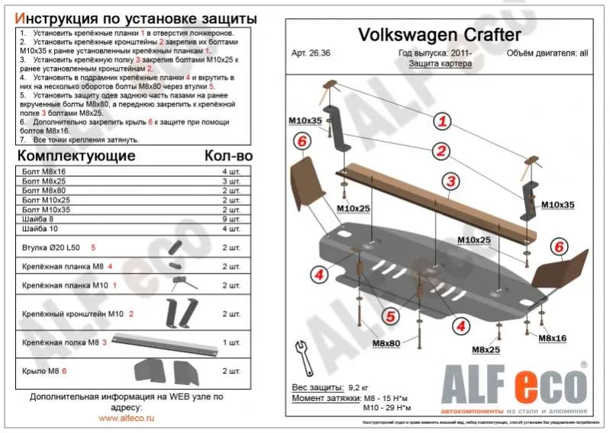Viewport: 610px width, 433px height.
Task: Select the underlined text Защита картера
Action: pos(440,64)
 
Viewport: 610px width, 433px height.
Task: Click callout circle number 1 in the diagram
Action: pos(442,120)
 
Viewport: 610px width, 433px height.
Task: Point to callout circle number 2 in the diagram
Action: pos(442,150)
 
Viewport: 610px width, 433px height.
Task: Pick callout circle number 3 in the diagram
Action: pos(451,181)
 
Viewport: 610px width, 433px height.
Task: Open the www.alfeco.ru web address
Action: pos(127,419)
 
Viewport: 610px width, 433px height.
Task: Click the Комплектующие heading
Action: pos(76,156)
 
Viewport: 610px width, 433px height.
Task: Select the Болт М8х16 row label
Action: pos(44,172)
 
